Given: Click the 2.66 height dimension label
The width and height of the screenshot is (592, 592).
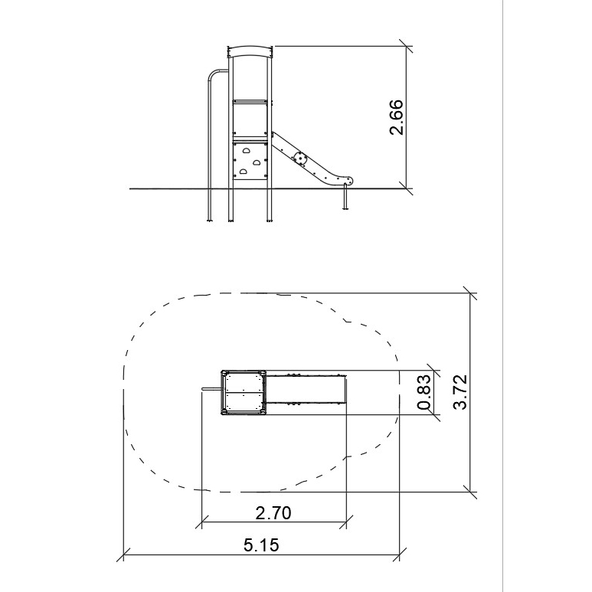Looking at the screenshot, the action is coord(396,117).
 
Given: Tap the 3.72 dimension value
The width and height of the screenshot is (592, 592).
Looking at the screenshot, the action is coord(460,392).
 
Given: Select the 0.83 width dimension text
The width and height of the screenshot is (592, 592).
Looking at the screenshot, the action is coord(424,392).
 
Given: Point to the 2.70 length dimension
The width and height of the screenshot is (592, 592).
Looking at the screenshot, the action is coord(273,513).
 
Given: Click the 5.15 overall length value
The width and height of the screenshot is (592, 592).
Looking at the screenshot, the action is coord(261,545).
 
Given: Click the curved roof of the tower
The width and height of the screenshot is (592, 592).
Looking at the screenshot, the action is coord(250,51).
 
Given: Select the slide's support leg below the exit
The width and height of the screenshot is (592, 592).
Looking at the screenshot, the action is coord(345,197).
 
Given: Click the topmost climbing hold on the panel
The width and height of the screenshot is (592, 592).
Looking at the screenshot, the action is coord(246,151).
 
